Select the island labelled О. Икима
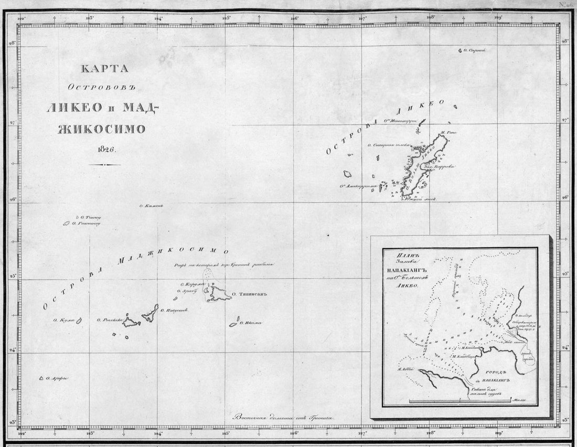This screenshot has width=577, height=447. [233, 324]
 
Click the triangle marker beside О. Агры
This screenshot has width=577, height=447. [41, 378]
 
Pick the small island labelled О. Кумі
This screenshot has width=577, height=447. [80, 320]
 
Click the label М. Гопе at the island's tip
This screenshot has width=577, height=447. [449, 133]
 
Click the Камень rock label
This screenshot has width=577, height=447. [153, 206]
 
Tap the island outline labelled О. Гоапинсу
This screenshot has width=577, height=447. [67, 223]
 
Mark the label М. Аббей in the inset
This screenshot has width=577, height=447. [407, 368]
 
